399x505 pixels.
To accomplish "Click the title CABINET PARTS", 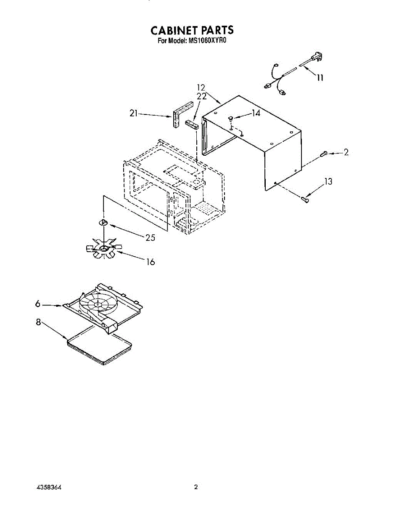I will tap(192, 31).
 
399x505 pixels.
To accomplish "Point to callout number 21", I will tap(134, 113).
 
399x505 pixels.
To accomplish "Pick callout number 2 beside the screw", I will tap(346, 153).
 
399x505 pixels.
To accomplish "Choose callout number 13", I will tap(328, 182).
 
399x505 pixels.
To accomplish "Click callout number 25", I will tap(150, 238).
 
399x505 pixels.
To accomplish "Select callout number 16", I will tap(150, 262).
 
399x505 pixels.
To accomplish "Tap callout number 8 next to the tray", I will tap(38, 323).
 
